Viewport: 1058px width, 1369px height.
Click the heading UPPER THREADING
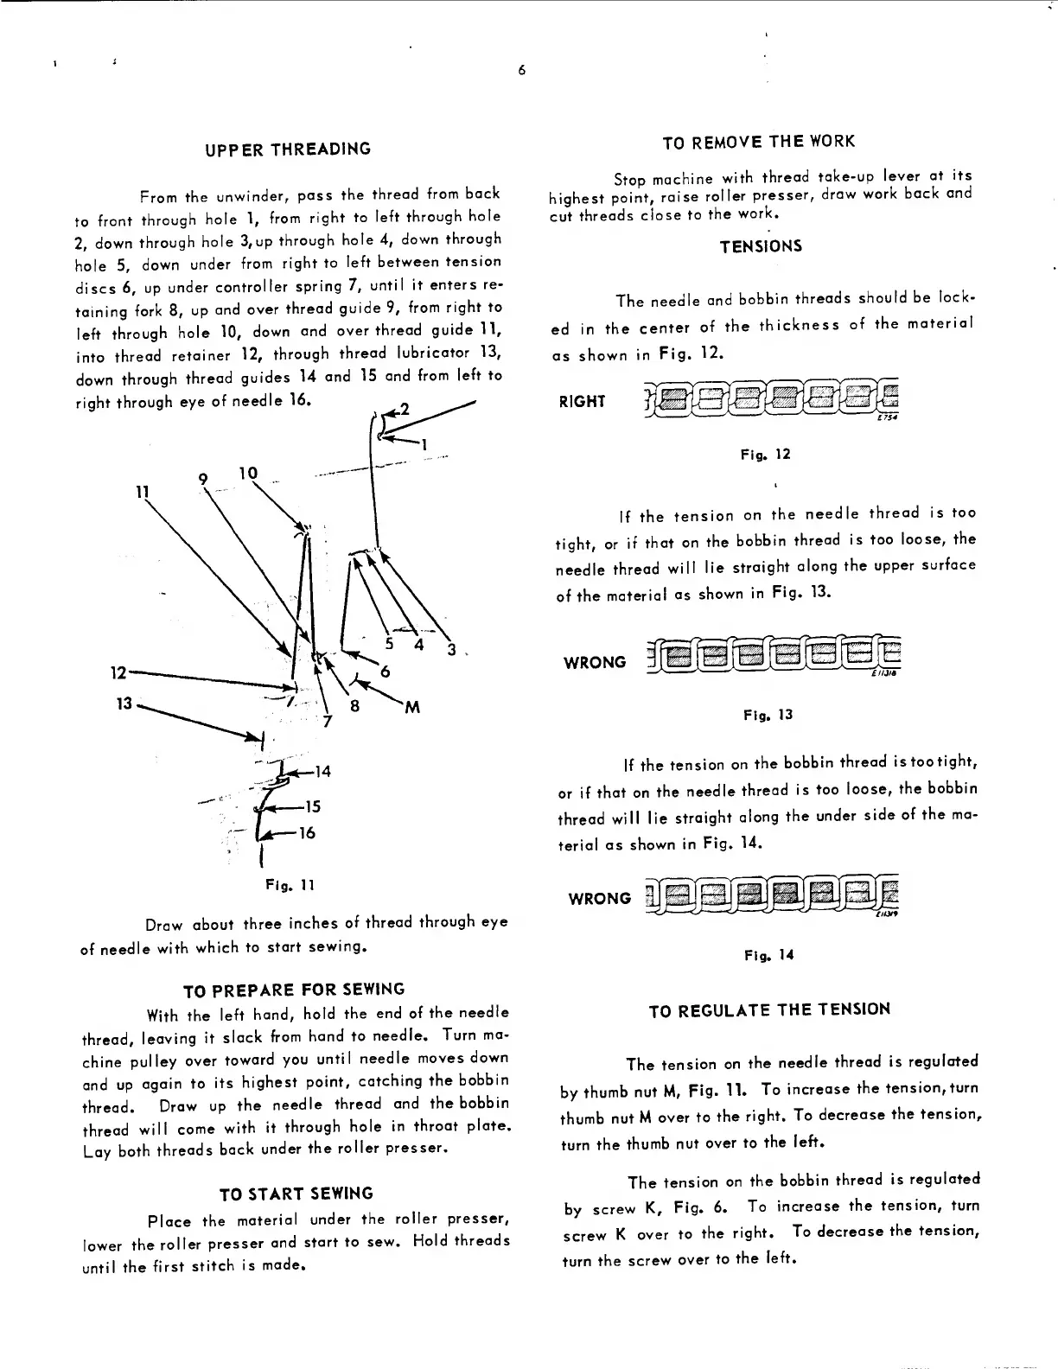tap(288, 149)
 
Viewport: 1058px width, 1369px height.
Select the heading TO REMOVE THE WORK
tap(758, 141)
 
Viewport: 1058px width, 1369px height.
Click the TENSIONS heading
tap(761, 246)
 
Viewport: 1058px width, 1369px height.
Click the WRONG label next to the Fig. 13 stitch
tap(595, 663)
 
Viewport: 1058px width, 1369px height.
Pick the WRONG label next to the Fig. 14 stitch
tap(599, 899)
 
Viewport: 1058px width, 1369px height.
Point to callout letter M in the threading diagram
tap(412, 708)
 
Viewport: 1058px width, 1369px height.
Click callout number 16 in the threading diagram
tap(307, 834)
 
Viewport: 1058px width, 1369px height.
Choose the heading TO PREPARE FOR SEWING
tap(293, 989)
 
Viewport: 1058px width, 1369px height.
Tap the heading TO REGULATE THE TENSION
tap(768, 1009)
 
